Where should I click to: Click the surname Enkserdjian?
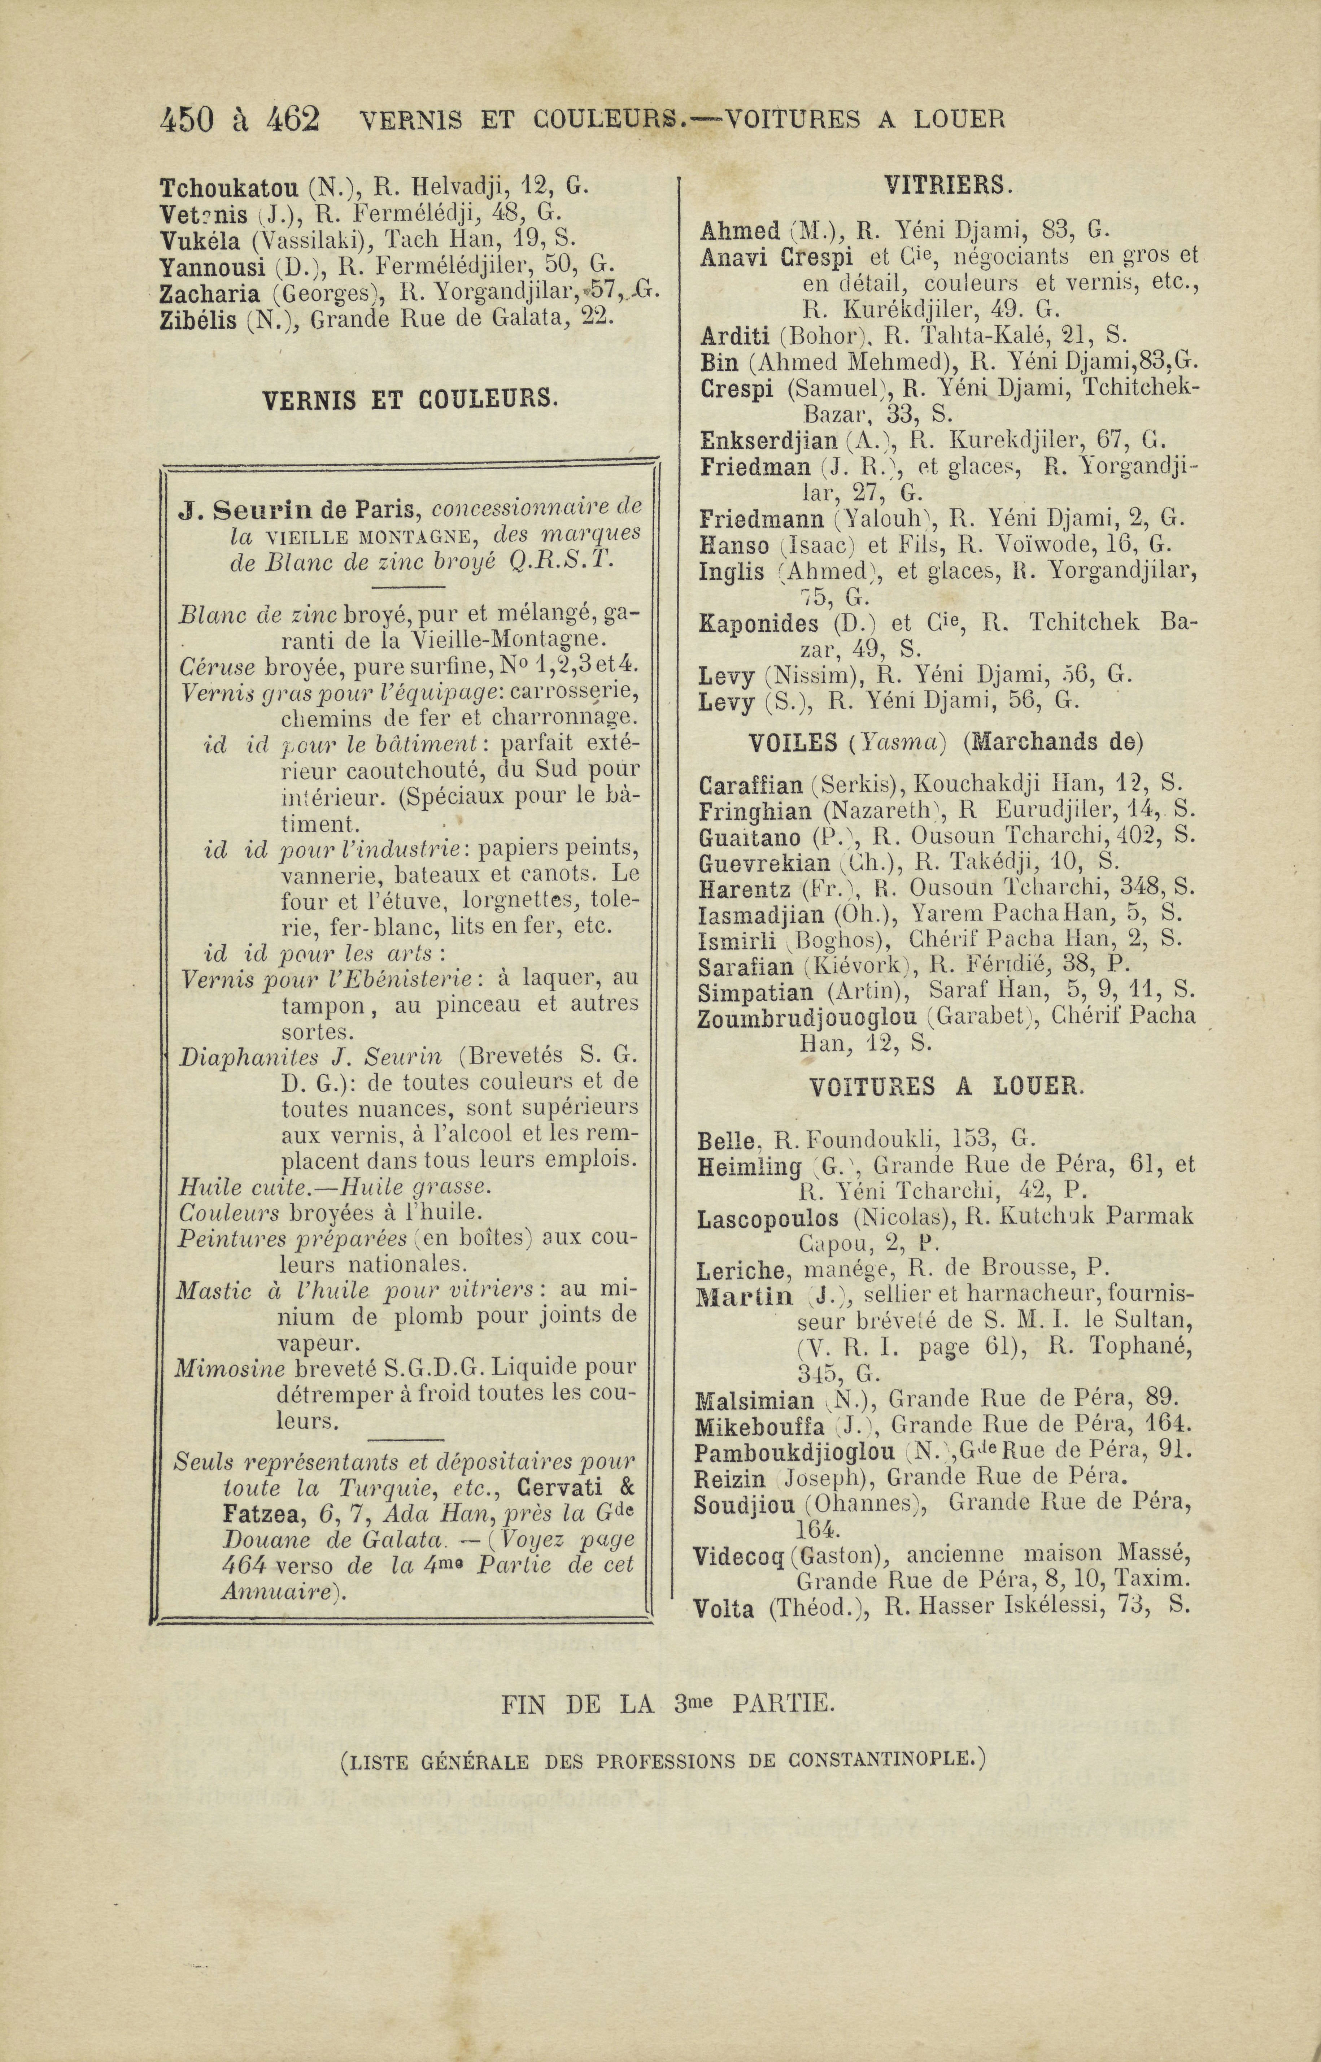pos(768,442)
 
